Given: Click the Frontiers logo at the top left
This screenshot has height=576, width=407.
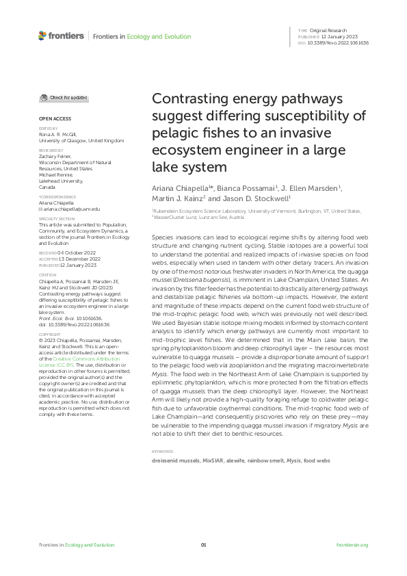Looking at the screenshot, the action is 62,36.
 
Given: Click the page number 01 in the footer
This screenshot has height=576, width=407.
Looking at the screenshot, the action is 203,545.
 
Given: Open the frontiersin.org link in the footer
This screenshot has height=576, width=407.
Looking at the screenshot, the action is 353,545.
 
